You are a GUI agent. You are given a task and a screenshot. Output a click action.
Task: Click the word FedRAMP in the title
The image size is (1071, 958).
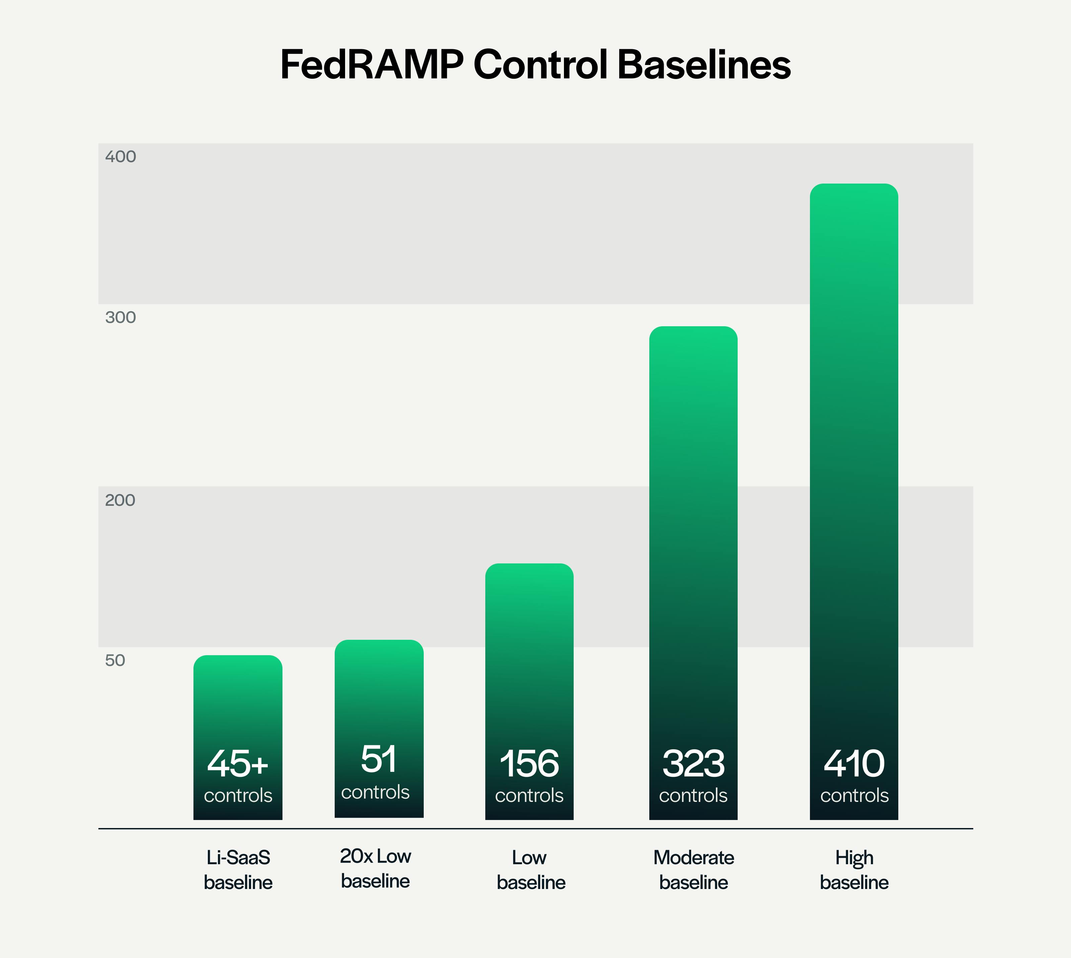tap(372, 65)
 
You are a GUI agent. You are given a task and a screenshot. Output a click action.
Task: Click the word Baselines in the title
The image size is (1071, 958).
tap(704, 65)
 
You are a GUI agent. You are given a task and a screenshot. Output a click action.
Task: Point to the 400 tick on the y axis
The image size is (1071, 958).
tap(120, 157)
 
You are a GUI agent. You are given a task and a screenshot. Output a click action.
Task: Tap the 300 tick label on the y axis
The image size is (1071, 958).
tap(120, 318)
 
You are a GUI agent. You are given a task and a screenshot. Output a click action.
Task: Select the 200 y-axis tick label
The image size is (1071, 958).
tap(120, 500)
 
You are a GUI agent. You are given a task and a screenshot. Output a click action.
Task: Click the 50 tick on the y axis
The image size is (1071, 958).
tap(115, 660)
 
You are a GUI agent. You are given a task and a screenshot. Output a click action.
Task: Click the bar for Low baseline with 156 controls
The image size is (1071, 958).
tap(529, 658)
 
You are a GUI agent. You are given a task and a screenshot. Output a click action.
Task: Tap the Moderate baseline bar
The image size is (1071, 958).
tap(693, 526)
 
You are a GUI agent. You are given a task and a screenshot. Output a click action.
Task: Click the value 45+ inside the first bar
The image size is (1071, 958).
tap(238, 764)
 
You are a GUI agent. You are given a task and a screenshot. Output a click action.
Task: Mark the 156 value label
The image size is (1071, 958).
tap(529, 764)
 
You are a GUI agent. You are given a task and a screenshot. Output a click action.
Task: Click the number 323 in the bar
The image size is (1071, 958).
tap(693, 764)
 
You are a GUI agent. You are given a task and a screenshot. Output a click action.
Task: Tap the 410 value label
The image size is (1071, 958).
tap(854, 764)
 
